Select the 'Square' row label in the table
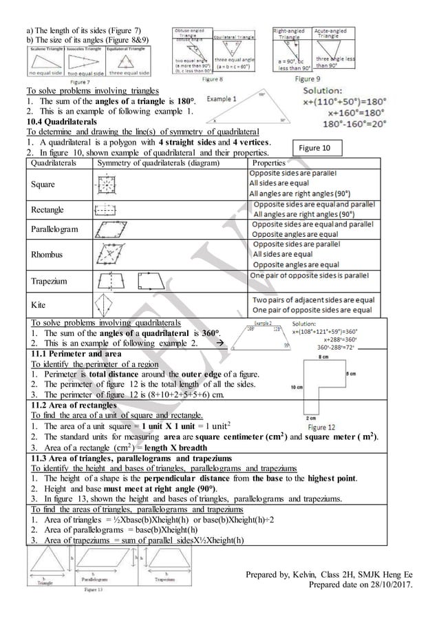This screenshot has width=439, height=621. click(x=42, y=185)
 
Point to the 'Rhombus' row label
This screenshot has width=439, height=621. click(x=45, y=255)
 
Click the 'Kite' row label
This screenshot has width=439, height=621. click(x=36, y=304)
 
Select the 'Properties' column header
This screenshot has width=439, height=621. click(x=270, y=163)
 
